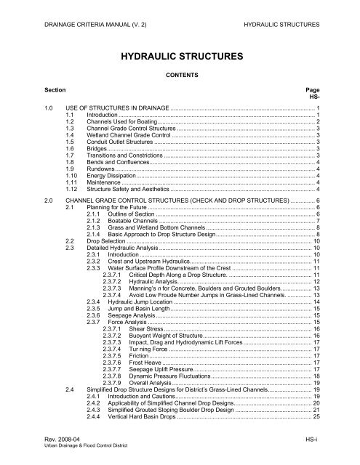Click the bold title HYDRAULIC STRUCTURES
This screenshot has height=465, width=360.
point(179,56)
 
